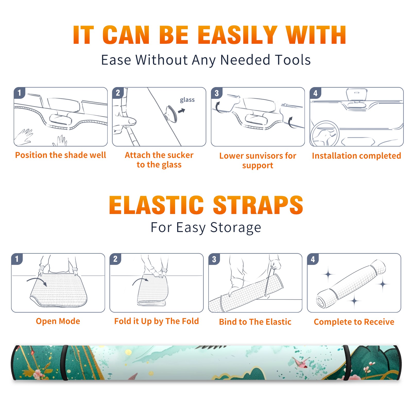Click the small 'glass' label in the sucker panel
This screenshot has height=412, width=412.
[187, 100]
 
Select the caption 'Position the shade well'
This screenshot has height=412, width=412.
[61, 155]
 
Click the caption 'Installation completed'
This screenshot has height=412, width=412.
[356, 156]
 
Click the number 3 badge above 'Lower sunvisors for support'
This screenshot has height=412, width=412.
[217, 93]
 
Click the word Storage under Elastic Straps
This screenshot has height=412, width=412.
[236, 228]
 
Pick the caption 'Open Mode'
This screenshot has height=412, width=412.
[58, 321]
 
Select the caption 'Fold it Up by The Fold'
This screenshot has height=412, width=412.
[157, 321]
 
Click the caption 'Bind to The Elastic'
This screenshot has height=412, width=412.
[255, 322]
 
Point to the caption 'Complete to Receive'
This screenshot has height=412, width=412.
[354, 322]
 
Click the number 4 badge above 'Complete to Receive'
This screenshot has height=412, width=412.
[313, 259]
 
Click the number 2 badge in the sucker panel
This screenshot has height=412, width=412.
[118, 93]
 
